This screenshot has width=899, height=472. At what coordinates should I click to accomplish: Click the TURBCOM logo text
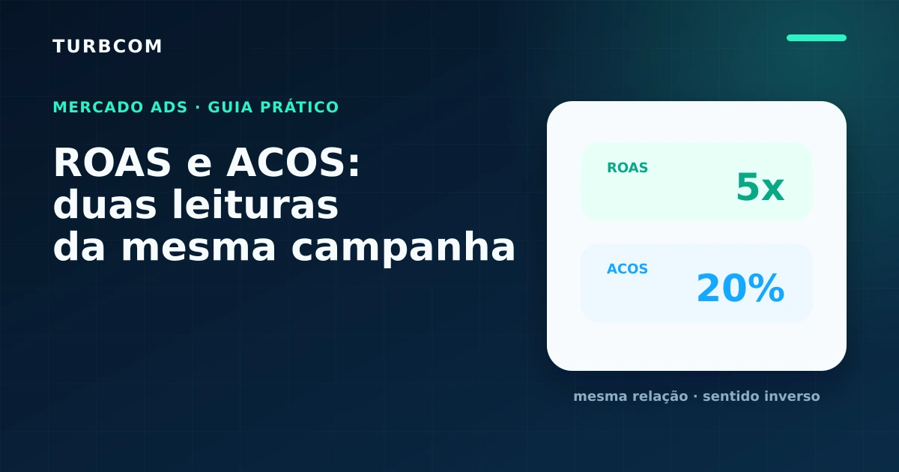[107, 46]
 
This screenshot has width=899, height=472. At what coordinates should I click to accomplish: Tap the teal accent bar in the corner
[817, 37]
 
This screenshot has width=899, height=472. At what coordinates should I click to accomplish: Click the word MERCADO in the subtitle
[98, 107]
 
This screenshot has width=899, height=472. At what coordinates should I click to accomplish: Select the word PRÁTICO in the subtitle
[300, 107]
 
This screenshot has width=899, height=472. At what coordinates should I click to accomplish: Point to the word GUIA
[231, 107]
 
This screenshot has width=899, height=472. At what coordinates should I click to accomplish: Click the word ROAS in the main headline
[112, 163]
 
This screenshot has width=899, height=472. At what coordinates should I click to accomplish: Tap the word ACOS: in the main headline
[294, 163]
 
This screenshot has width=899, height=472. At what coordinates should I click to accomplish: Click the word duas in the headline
[105, 204]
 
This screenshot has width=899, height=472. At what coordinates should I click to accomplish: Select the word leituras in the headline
[255, 204]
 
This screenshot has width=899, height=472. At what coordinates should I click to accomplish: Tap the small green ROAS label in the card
[627, 167]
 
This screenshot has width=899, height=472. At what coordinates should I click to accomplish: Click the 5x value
[760, 187]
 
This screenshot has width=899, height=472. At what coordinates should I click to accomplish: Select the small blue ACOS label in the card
[627, 268]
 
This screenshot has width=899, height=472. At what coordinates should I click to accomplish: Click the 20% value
[740, 288]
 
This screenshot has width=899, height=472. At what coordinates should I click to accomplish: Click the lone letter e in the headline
[199, 166]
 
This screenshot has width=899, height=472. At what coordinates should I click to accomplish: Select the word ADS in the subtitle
[169, 107]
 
